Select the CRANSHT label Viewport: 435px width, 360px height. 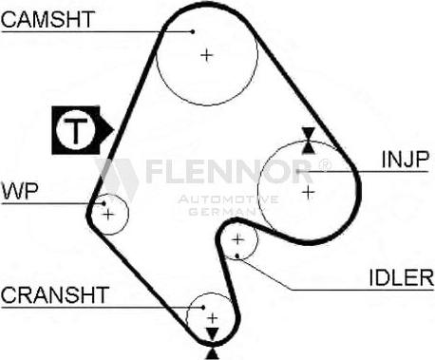[55, 294]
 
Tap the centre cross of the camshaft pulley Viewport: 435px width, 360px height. [207, 55]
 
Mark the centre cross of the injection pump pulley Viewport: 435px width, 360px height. [308, 192]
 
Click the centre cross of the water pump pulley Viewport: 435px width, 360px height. [109, 215]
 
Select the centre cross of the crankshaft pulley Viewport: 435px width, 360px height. [212, 316]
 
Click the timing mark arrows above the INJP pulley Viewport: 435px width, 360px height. [308, 140]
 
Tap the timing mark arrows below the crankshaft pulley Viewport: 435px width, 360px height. [212, 334]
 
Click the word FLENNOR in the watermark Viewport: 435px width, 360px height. [227, 172]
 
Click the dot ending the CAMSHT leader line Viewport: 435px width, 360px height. [195, 29]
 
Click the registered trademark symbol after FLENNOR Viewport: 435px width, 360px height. [324, 163]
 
